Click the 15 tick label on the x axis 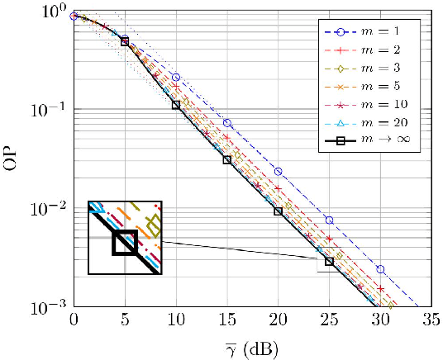(x=226, y=320)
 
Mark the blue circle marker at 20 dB (x=278, y=172)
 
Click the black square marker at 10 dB (x=176, y=106)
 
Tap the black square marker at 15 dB (x=226, y=159)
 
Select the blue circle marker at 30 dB (x=380, y=269)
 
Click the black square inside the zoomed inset (x=125, y=243)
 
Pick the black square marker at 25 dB (x=329, y=262)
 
